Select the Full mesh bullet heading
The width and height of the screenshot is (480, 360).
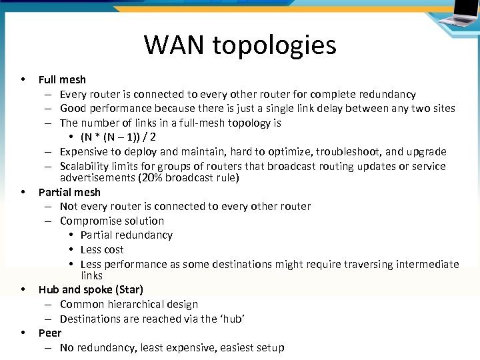coord(62,79)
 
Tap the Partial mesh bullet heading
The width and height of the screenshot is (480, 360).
coord(69,192)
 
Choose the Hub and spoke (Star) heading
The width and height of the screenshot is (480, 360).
coord(91,289)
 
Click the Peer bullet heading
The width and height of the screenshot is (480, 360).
coord(50,333)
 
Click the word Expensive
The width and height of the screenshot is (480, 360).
coord(87,151)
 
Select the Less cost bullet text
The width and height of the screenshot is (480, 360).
coord(102,249)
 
